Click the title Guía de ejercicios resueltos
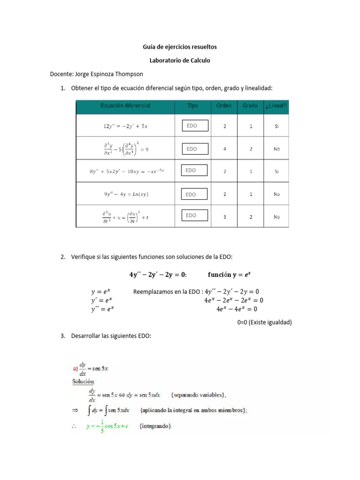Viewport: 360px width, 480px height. [180, 47]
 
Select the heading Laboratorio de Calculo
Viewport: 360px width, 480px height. [180, 60]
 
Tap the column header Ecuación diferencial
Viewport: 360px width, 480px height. [125, 106]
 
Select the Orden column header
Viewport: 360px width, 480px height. [224, 106]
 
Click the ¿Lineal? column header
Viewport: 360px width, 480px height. [277, 106]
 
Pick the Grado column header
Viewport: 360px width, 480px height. [250, 106]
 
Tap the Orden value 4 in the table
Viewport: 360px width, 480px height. [225, 149]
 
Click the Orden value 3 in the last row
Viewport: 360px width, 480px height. [225, 217]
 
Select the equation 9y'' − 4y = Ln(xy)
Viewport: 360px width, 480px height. [125, 194]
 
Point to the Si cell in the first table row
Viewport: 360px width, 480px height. [277, 127]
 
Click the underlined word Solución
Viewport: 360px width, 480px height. [83, 382]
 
